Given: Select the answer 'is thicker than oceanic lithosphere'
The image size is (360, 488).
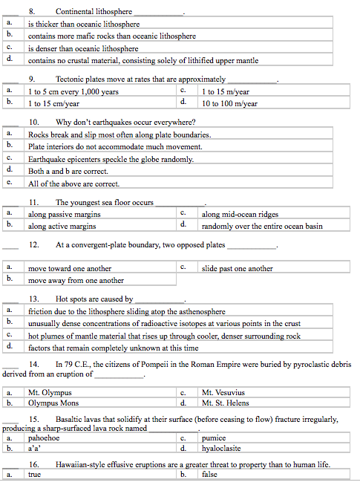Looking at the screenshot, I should point(83,24).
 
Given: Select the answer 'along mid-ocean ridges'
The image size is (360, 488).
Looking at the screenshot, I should point(240,214).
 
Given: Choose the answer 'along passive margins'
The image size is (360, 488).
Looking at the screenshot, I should point(64,214).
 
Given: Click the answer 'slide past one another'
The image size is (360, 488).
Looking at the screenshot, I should point(237,268).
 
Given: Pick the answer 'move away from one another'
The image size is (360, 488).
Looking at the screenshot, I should point(76,281).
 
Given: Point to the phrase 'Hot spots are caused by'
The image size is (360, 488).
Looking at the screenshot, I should point(94,299).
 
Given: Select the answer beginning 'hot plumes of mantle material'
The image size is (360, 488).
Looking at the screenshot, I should point(164,336).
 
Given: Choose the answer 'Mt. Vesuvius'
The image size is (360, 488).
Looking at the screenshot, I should point(223,391).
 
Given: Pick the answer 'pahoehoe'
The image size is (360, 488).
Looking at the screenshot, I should point(44,438).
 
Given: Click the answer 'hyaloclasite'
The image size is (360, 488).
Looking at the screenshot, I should point(222,449).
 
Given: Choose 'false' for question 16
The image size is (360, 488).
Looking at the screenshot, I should point(209,475).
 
